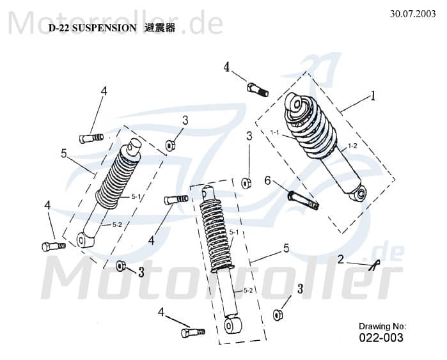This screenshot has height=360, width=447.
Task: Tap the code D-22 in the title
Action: [x=59, y=28]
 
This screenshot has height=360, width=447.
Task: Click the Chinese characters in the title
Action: [x=160, y=28]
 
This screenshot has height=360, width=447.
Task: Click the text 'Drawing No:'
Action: [x=382, y=326]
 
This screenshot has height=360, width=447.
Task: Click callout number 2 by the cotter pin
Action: [x=341, y=259]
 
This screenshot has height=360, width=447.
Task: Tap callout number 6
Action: [x=267, y=181]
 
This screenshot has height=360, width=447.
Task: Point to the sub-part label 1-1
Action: [x=275, y=133]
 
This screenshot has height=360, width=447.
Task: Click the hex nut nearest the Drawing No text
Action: [x=278, y=315]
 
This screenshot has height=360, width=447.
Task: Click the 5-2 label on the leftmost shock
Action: [x=117, y=224]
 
